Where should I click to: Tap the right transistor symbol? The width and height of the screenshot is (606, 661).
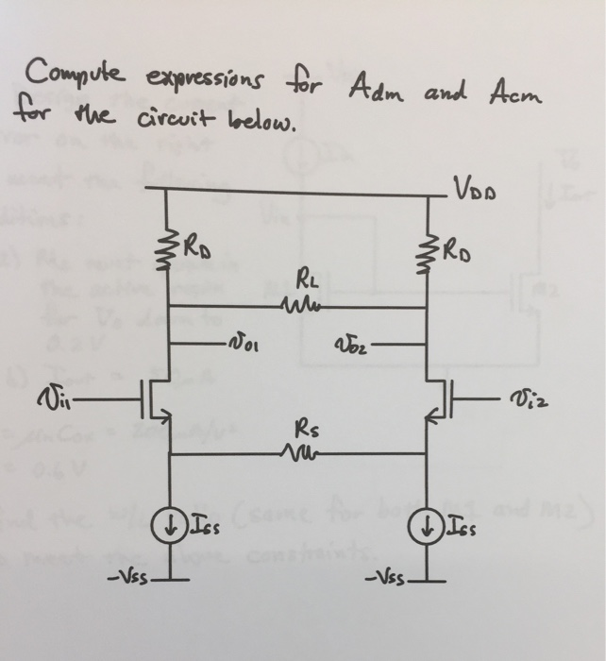click(438, 398)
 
